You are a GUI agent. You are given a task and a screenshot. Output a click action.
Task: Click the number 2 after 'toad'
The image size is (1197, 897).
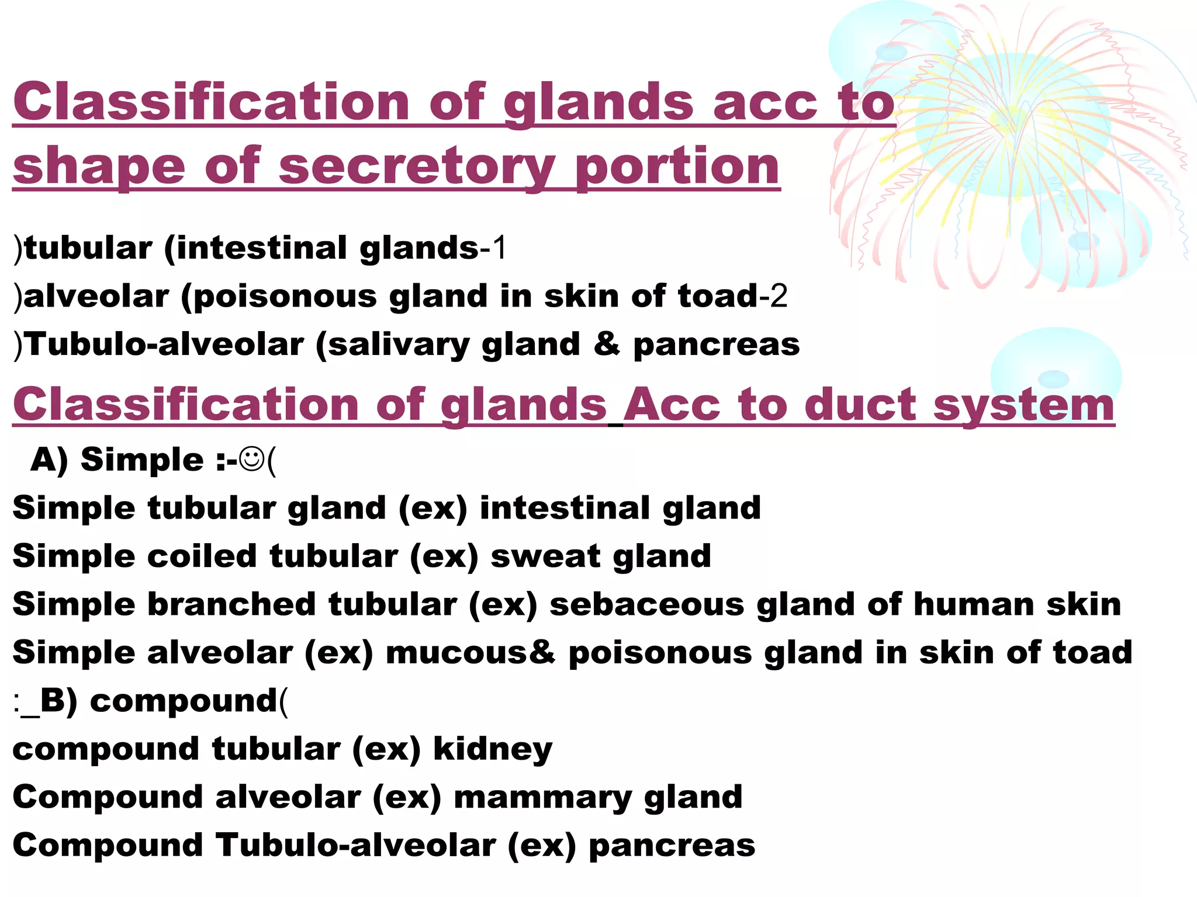(x=779, y=296)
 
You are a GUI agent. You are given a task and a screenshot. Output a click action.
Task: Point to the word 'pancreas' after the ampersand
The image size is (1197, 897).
(x=717, y=344)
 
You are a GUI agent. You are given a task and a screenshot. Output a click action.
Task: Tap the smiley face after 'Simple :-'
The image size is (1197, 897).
(x=252, y=459)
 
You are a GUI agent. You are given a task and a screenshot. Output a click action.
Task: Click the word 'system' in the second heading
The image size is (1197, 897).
(x=1024, y=406)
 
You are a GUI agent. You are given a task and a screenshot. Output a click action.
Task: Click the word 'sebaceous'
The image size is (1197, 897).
(x=646, y=604)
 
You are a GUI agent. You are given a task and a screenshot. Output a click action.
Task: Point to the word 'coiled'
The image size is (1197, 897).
(x=202, y=555)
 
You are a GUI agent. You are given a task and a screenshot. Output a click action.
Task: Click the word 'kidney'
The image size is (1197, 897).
(x=493, y=750)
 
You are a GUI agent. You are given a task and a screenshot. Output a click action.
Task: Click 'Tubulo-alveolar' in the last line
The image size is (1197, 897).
(x=355, y=846)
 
